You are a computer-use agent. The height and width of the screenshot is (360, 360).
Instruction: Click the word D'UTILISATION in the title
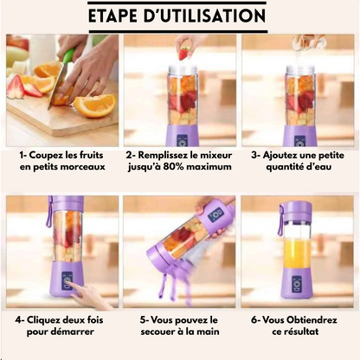pyautogui.click(x=212, y=16)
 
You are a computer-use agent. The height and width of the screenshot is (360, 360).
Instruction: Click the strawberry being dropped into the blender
pyautogui.click(x=183, y=53)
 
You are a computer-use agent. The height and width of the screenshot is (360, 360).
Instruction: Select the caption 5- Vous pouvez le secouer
pyautogui.click(x=178, y=326)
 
